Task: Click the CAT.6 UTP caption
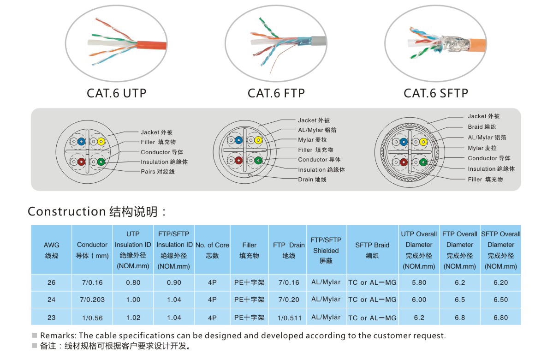116,93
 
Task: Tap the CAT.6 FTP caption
276,93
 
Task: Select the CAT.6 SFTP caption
436,93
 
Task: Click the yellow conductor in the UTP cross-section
101,142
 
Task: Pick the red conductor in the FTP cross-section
239,160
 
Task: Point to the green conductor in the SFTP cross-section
423,162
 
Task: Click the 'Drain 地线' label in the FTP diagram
312,179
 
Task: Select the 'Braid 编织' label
482,126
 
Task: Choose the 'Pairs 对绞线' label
158,172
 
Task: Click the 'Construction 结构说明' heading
96,211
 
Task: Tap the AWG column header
51,250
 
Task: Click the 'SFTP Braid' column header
372,250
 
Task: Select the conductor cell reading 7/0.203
92,300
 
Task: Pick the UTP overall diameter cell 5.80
419,282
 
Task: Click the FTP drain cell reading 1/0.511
289,318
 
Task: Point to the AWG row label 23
51,318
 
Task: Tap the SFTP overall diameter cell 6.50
500,300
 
